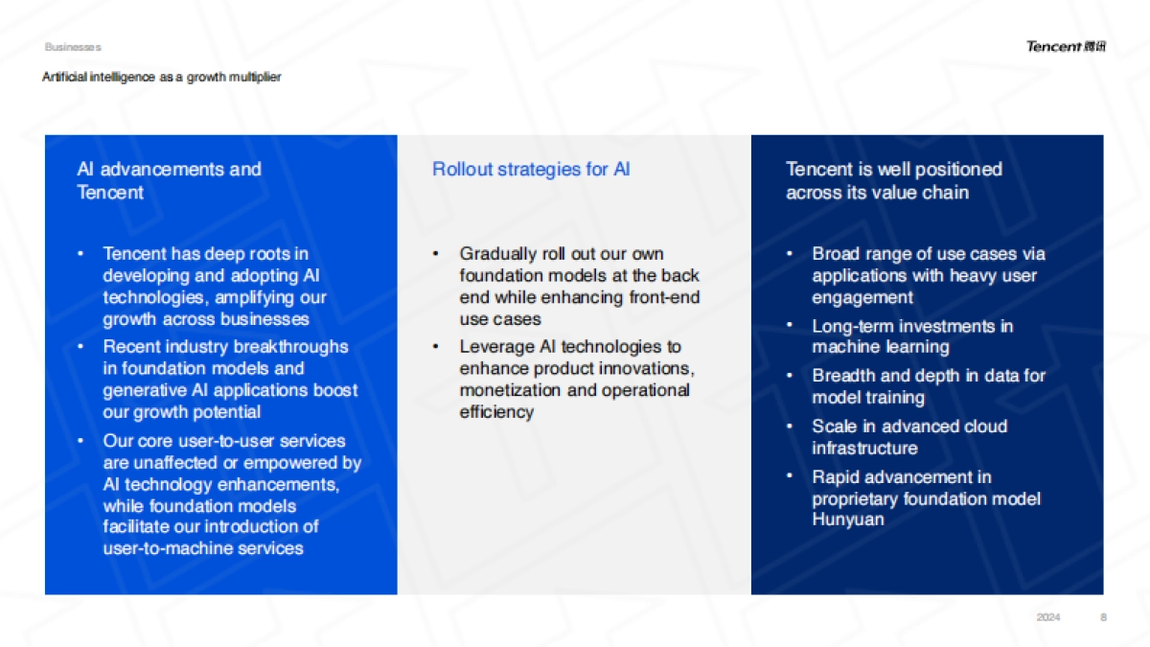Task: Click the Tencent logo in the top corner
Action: point(1065,46)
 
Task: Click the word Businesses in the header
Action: point(72,47)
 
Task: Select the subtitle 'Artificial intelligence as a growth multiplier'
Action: point(161,77)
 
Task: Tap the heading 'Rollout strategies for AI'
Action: point(531,170)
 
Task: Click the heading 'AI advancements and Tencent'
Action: point(169,180)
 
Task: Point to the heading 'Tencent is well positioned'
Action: point(893,170)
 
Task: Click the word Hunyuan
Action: point(848,520)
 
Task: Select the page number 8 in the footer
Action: point(1103,617)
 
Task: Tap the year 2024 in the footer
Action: point(1048,617)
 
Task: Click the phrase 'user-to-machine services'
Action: point(203,548)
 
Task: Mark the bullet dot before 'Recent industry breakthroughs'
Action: point(80,346)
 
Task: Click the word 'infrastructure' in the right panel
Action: point(864,448)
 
